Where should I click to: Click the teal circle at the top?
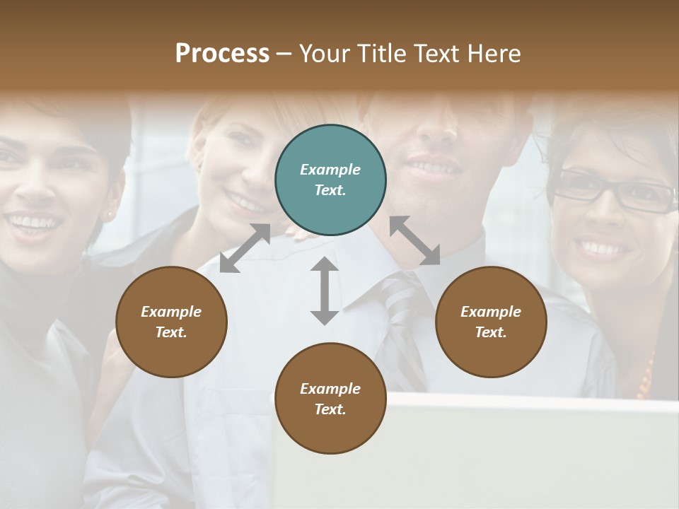(x=330, y=180)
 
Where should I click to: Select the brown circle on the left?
(x=171, y=322)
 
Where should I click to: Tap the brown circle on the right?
(x=491, y=322)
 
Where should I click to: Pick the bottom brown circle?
(x=330, y=399)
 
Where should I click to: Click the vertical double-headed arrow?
(x=325, y=291)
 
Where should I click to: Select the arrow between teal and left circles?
(x=245, y=248)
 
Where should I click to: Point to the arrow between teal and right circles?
(x=415, y=240)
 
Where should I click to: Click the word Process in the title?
(x=222, y=53)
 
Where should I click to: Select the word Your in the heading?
(x=325, y=53)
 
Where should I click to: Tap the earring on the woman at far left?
(x=110, y=213)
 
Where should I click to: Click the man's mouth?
(x=429, y=168)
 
